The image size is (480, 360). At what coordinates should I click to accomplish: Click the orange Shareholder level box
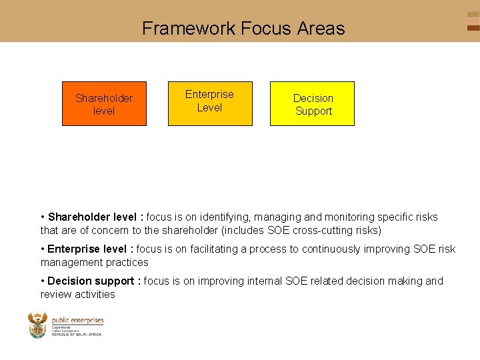click(104, 104)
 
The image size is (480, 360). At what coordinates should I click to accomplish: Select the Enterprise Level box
click(209, 103)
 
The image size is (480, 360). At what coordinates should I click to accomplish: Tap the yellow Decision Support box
click(313, 104)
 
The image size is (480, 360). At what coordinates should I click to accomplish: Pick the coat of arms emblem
click(37, 325)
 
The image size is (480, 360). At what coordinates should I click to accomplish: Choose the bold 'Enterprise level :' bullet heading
click(91, 249)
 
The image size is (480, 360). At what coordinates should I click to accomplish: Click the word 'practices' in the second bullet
click(127, 263)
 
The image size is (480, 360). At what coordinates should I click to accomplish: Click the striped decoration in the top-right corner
click(473, 21)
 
